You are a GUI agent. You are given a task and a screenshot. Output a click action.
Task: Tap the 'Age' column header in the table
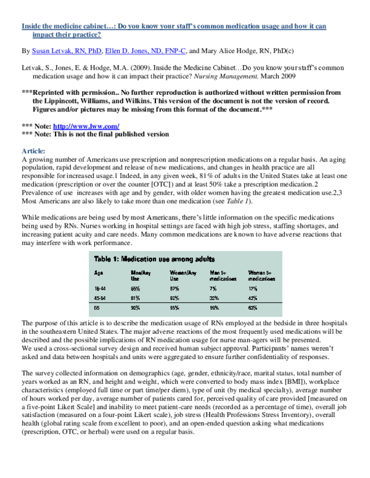pos(98,272)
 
